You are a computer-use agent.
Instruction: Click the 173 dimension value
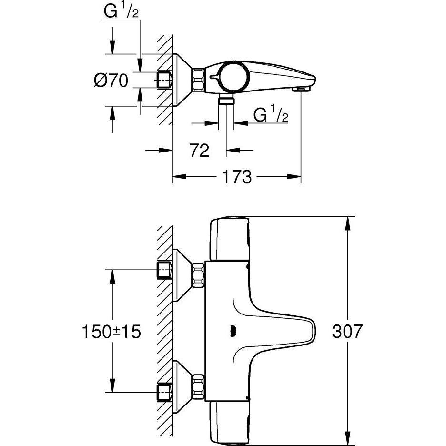point(235,177)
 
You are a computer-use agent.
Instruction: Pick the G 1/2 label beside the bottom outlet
point(271,114)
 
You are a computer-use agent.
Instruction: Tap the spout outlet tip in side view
point(302,89)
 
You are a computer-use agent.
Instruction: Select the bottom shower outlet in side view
point(226,100)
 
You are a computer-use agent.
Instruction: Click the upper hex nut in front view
point(197,276)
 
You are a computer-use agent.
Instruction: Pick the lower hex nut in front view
point(197,385)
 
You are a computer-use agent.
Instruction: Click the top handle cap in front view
point(230,238)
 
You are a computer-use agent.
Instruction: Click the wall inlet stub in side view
point(164,79)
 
